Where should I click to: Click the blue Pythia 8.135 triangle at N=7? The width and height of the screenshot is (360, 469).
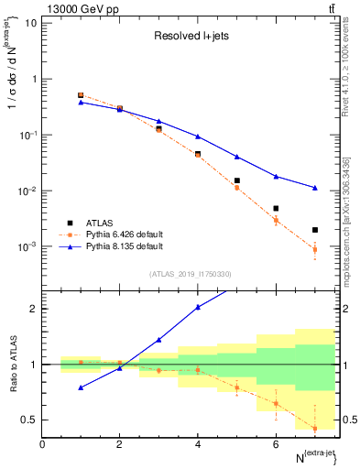pos(314,188)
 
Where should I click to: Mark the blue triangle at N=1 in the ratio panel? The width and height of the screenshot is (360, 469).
pos(81,387)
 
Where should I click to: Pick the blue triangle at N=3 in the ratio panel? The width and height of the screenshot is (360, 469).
pos(158,340)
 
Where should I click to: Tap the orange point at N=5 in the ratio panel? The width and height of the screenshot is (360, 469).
pos(236,387)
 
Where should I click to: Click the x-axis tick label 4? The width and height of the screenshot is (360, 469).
pos(197,444)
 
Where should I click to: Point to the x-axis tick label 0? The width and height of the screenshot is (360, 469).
pos(42,444)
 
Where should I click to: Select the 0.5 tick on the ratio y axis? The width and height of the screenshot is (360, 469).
pos(29,420)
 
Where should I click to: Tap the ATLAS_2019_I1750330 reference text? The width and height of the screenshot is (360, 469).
pos(191,274)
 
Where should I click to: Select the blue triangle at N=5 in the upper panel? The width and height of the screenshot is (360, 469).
pos(236,157)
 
